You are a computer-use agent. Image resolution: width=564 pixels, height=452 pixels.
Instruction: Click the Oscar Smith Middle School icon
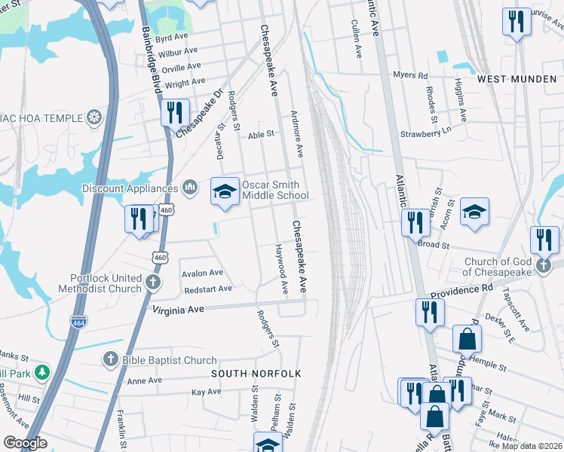point(224,191)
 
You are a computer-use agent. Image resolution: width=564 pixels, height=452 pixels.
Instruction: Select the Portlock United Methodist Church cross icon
point(153,283)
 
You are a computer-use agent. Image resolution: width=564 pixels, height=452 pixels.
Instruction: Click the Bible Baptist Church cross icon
point(110,360)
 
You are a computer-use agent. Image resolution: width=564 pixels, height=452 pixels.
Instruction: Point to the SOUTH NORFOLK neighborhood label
point(256,374)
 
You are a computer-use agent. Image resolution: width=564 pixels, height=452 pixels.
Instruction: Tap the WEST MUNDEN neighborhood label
point(516,79)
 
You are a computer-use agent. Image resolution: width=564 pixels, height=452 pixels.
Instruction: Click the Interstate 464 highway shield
point(78,322)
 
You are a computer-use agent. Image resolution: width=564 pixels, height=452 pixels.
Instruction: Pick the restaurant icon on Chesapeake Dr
point(174,113)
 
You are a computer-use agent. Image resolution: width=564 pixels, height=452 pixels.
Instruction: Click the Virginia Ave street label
point(179,309)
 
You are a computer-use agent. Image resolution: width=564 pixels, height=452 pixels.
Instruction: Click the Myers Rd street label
point(411,75)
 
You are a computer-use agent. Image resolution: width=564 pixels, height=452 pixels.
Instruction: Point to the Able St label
point(260,136)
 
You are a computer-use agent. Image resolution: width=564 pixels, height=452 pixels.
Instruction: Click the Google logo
point(26,443)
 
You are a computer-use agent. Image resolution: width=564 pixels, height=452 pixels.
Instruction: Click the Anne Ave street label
point(145,381)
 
